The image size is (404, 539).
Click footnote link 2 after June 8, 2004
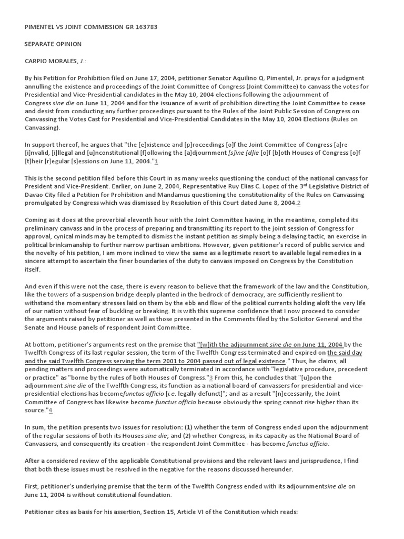[299, 203]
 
